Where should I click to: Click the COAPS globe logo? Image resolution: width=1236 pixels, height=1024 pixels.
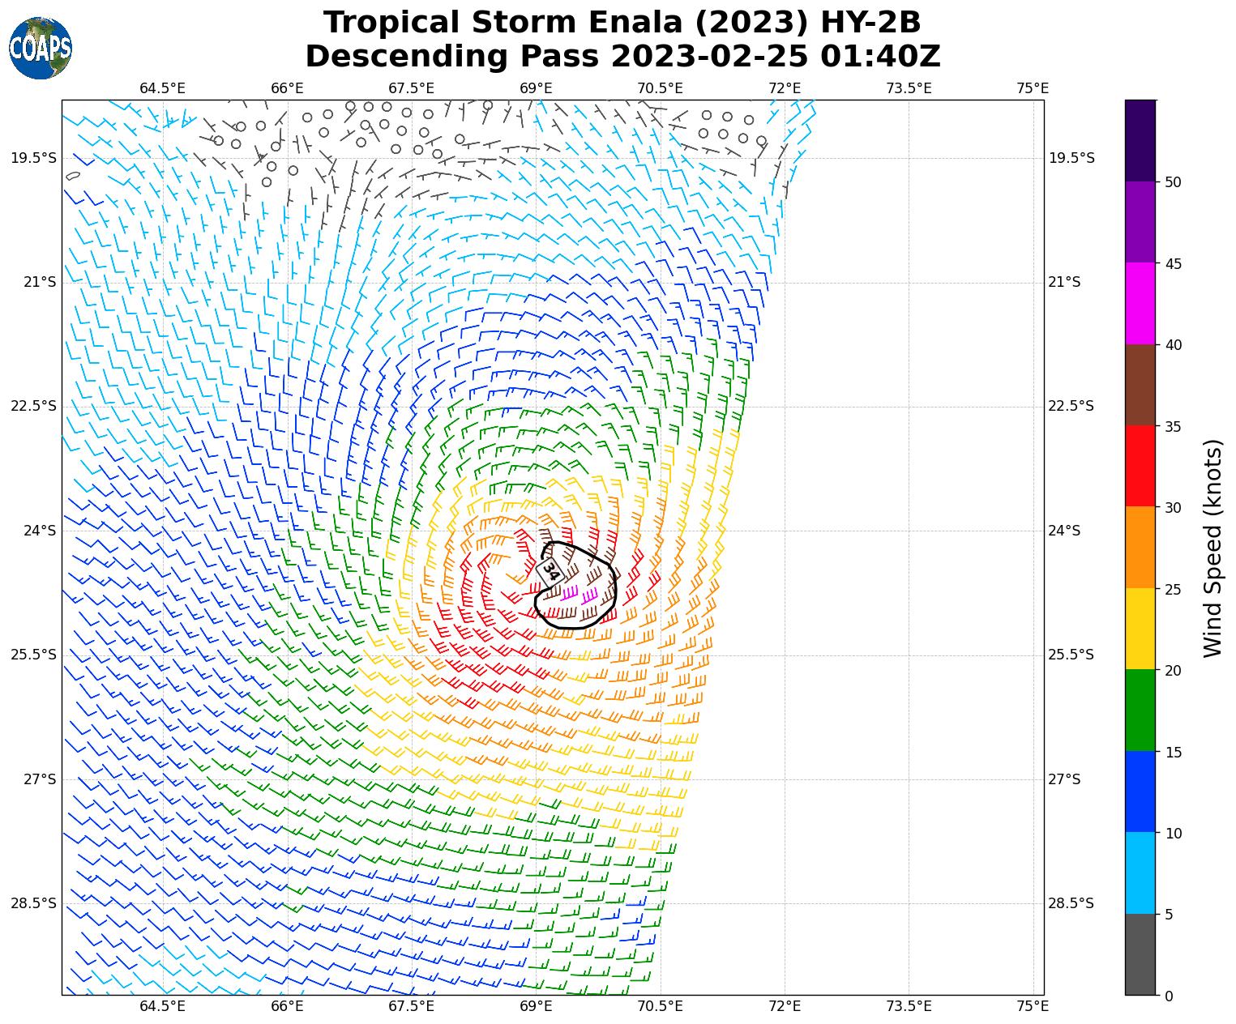(41, 48)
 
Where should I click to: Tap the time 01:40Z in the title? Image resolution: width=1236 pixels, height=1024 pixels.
(879, 57)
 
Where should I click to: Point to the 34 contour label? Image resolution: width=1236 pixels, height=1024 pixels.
(550, 570)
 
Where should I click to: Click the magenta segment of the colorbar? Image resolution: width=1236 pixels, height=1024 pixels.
(1140, 303)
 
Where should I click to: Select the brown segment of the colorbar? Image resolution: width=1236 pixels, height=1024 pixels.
(1140, 385)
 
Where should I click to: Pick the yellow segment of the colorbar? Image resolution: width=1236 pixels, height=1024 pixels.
(1140, 629)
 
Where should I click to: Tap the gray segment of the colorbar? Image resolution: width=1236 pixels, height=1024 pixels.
(1140, 954)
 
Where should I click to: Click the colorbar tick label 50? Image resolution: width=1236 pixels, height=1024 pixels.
(1172, 182)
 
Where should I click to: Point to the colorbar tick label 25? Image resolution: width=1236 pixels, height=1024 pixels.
(1172, 589)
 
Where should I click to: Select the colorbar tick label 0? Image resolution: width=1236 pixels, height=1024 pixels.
(1168, 996)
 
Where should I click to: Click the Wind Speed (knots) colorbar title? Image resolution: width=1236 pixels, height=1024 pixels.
(1212, 548)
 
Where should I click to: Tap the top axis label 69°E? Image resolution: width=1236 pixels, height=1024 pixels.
(536, 88)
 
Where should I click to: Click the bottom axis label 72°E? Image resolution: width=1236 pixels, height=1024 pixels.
(785, 1006)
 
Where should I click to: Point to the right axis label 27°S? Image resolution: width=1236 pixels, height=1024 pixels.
(1065, 779)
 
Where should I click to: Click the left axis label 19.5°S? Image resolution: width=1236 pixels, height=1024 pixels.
(34, 158)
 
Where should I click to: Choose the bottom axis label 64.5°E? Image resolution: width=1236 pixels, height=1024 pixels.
(162, 1006)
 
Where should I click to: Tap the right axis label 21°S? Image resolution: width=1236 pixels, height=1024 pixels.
(1065, 282)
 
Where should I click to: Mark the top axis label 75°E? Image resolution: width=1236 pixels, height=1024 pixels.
(1033, 88)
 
